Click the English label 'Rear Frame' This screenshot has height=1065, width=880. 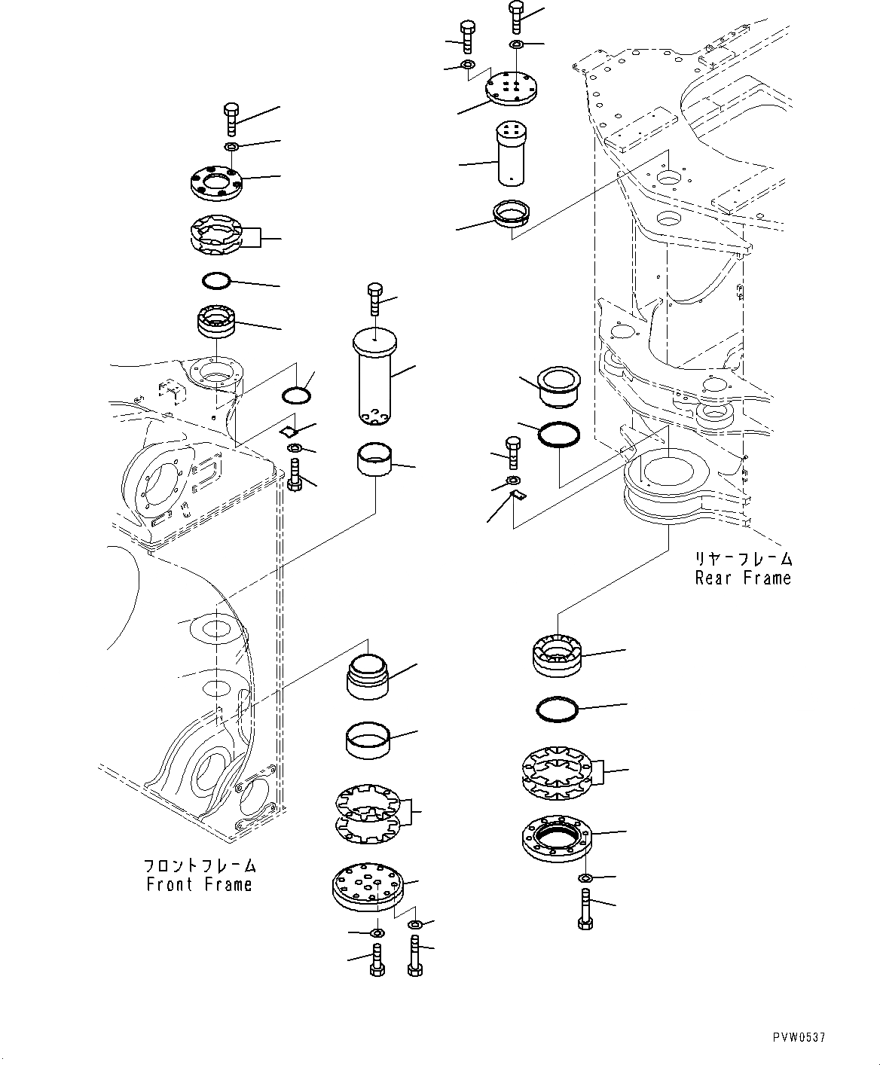743,578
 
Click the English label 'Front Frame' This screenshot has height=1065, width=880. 200,884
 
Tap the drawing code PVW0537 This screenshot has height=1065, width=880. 799,1038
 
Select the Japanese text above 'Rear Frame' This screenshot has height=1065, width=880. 744,559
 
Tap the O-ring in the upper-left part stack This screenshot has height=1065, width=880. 216,281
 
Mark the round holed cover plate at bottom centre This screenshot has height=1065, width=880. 368,886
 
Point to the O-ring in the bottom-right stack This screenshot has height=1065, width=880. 557,709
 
